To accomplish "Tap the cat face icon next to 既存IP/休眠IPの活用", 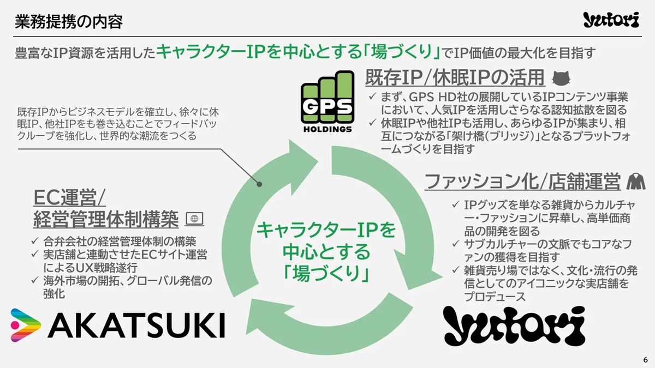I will point(563,78).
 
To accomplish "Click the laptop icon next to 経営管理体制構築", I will point(194,219).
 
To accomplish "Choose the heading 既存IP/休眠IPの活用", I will point(455,77).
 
